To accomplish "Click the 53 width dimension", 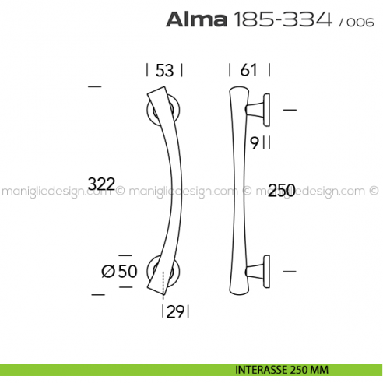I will point(163,70).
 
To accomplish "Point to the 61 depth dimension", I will point(248,70).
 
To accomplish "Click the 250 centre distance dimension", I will point(280,189).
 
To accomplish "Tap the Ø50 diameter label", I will point(119,271).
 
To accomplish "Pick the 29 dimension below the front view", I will point(175,312).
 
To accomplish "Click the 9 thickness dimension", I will point(255,142).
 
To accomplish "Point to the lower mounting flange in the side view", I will point(263,270).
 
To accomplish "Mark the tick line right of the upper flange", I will point(290,111).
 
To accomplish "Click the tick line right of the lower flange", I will point(290,270).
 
